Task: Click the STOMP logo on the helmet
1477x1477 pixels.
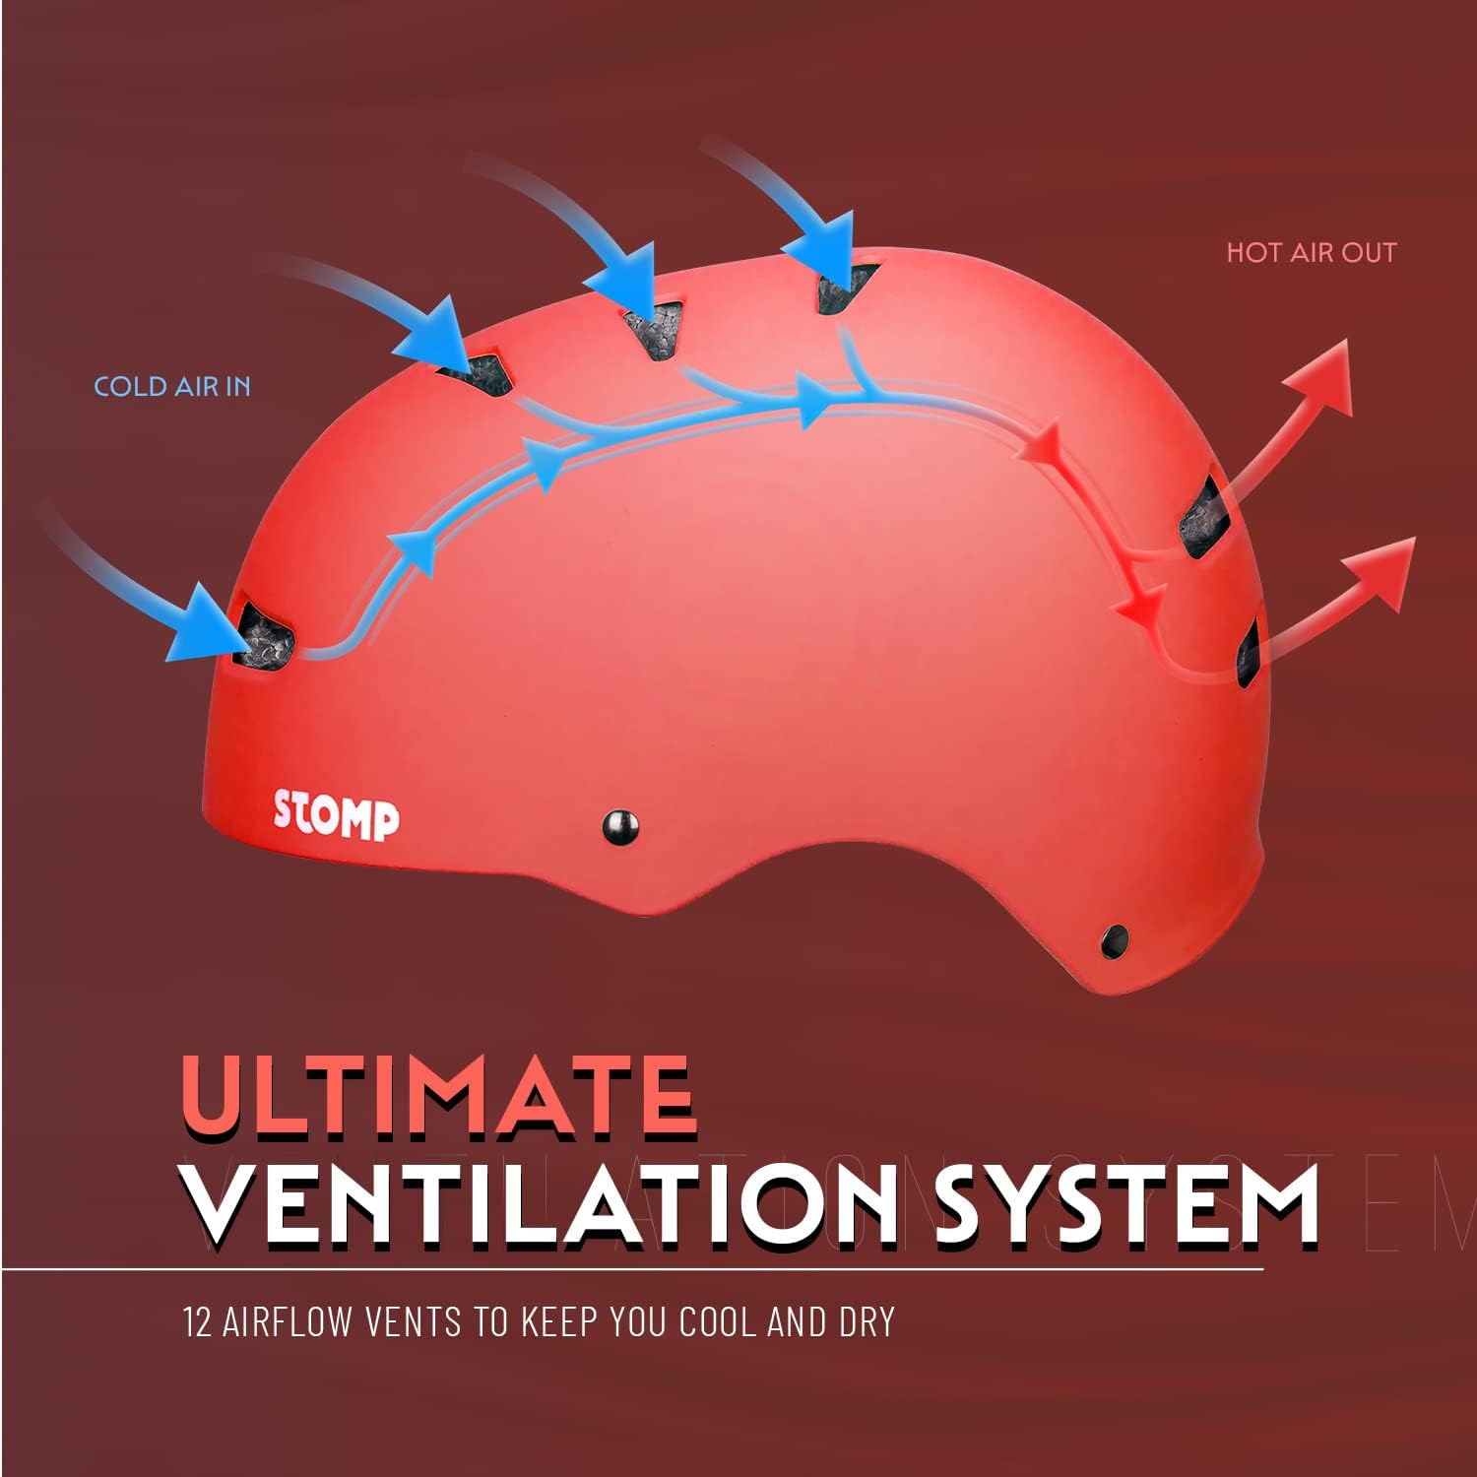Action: coord(336,816)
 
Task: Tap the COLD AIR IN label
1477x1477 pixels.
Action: coord(172,386)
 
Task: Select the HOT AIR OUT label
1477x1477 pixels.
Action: coord(1311,252)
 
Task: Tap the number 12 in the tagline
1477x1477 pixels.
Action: coord(197,1321)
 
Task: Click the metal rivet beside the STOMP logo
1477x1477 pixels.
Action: coord(619,825)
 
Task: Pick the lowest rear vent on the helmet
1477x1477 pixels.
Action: coord(1249,652)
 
